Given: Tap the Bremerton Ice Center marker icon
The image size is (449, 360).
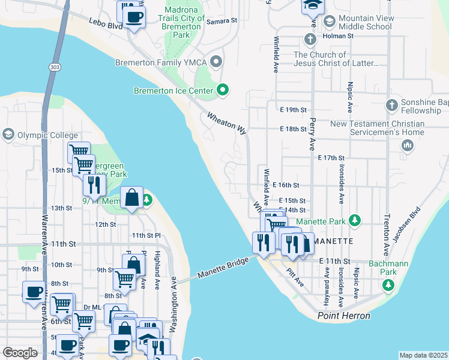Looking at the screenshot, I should click(223, 91).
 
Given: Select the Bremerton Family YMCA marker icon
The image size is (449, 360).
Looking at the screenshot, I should click(217, 61).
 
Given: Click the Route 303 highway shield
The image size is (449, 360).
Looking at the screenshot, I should click(55, 67).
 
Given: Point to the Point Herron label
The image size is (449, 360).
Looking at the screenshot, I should click(344, 316).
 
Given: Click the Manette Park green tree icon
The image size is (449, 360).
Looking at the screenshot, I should click(355, 221).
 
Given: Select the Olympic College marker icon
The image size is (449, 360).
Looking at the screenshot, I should click(8, 133).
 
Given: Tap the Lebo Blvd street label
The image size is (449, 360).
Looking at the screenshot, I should click(107, 27).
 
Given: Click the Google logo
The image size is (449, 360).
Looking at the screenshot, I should click(20, 353).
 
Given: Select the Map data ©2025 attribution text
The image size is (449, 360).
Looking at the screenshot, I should click(423, 355).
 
